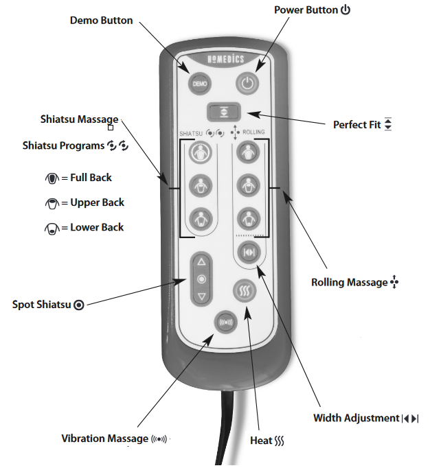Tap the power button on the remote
pyautogui.click(x=248, y=84)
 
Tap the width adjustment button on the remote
pyautogui.click(x=247, y=251)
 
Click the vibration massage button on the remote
pyautogui.click(x=224, y=320)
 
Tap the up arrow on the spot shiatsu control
pyautogui.click(x=201, y=262)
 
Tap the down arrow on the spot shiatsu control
pyautogui.click(x=201, y=296)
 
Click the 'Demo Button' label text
pyautogui.click(x=101, y=20)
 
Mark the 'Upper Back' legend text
pyautogui.click(x=97, y=202)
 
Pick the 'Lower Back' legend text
pyautogui.click(x=97, y=227)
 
